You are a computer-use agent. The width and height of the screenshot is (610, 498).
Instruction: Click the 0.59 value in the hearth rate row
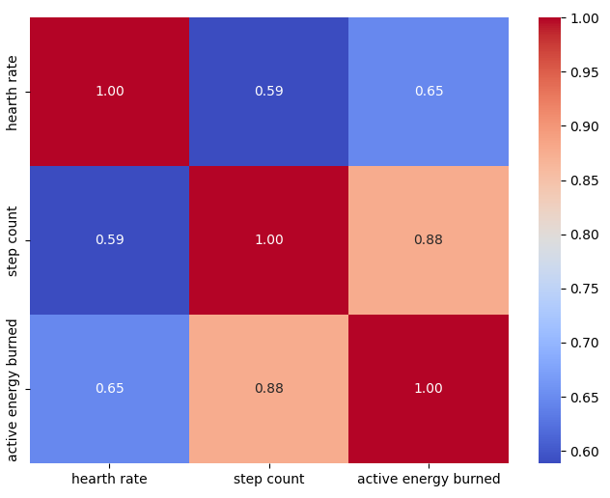tap(268, 92)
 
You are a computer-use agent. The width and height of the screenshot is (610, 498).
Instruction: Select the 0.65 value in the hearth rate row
tap(429, 92)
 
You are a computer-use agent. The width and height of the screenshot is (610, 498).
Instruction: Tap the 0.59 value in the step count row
tap(109, 240)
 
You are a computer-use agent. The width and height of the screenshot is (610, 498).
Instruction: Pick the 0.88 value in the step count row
tap(429, 240)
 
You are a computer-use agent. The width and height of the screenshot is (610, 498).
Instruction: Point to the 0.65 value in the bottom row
tap(109, 389)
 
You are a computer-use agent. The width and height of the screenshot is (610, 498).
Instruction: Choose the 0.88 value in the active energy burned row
tap(268, 389)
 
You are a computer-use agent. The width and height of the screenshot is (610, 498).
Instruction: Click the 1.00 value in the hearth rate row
tap(109, 92)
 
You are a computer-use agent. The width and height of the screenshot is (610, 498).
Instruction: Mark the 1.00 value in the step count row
tap(268, 240)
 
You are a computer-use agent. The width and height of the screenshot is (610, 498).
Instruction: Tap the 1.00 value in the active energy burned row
tap(429, 389)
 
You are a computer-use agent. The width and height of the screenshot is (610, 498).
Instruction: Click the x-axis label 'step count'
tap(268, 479)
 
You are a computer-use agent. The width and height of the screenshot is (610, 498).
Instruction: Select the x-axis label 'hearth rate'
tap(109, 479)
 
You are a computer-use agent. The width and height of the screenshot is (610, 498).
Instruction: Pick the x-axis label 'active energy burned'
tap(429, 479)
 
